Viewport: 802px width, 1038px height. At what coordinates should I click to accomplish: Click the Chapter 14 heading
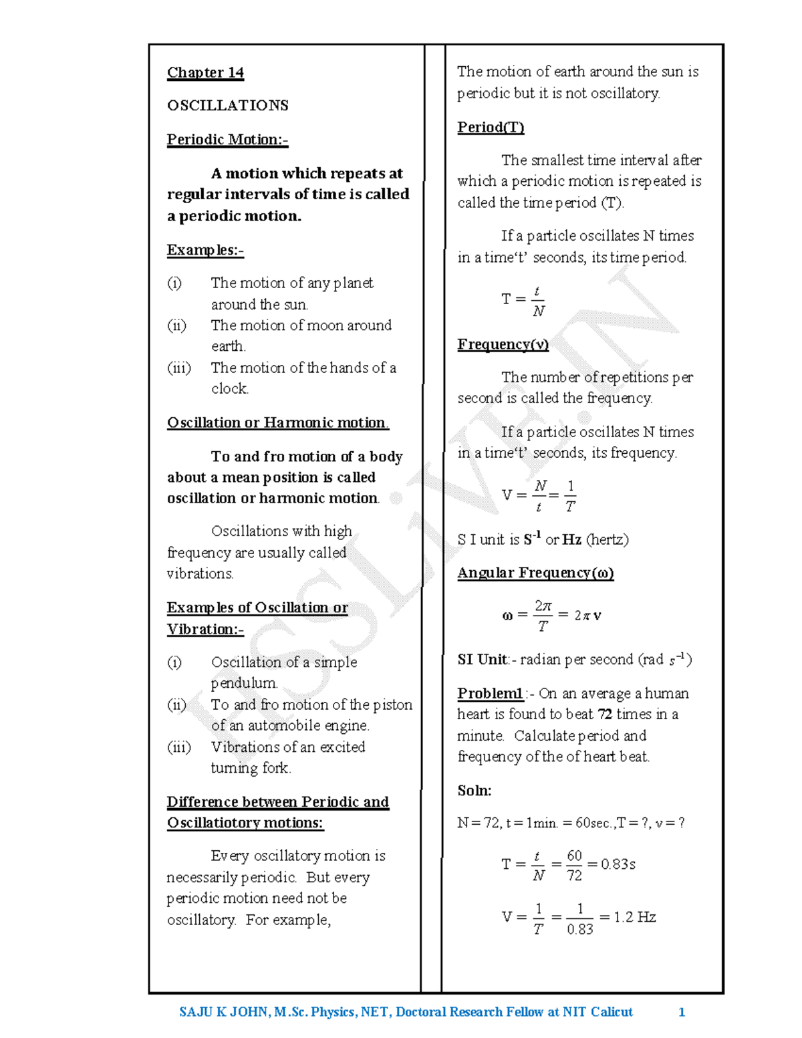[205, 72]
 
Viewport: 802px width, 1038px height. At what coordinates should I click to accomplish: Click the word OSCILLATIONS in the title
[227, 106]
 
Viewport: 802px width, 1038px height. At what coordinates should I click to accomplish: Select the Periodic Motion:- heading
[227, 140]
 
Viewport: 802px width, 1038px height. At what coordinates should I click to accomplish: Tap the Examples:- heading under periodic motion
[205, 250]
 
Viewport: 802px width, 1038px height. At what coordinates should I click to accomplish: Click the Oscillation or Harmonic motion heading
[277, 422]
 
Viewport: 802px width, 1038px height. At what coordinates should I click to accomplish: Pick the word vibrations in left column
[199, 573]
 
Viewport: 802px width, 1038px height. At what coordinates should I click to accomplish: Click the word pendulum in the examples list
[243, 683]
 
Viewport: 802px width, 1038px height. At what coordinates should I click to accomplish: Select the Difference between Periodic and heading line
[277, 802]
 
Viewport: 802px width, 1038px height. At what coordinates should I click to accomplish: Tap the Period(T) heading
[491, 127]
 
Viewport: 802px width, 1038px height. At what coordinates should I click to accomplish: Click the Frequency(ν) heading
[503, 344]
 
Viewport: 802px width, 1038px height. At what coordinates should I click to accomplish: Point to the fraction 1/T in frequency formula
[569, 496]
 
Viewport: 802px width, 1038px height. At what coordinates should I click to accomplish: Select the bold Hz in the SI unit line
[571, 540]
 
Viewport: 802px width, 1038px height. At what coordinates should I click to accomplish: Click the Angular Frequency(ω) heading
[535, 573]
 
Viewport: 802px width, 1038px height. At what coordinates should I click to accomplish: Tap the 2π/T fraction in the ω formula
[543, 615]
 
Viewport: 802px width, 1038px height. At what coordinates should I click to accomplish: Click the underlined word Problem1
[490, 693]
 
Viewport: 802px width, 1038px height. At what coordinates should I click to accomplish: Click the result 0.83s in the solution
[618, 864]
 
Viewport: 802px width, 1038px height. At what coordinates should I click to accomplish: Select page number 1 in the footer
[681, 1012]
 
